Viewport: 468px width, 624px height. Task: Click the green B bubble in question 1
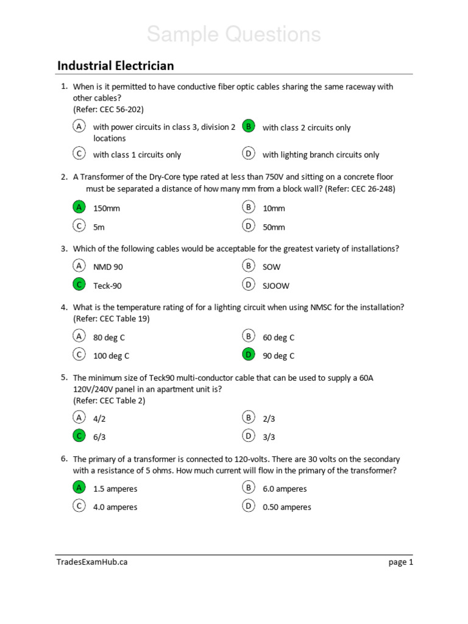[248, 126]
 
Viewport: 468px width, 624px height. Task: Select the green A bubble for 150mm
[79, 207]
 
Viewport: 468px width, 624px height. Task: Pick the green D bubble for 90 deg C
[248, 355]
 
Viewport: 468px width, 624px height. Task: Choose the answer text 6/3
[100, 437]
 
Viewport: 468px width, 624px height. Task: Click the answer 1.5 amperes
[115, 489]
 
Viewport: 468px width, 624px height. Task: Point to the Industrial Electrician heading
[116, 66]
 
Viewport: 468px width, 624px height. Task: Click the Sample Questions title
[233, 35]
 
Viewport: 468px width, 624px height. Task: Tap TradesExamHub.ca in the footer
[92, 562]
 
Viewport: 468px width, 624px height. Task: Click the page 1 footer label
[400, 562]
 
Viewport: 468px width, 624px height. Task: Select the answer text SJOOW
[276, 286]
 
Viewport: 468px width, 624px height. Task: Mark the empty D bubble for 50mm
[248, 226]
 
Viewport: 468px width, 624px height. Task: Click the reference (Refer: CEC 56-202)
[108, 110]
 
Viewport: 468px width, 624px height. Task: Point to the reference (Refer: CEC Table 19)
[112, 319]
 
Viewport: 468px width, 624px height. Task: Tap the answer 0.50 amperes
[287, 507]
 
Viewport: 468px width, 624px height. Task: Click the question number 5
[63, 377]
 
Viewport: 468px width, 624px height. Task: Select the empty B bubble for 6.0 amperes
[248, 487]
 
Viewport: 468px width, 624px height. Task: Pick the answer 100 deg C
[111, 356]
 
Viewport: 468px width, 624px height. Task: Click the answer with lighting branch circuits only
[321, 155]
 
